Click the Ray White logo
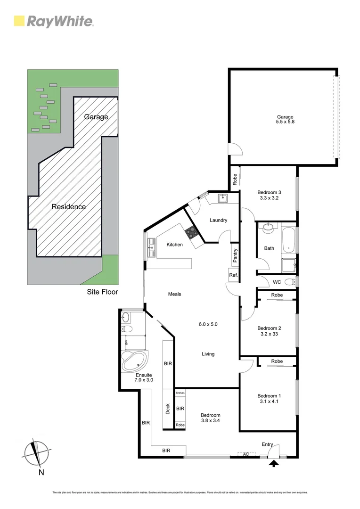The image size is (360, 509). click(x=54, y=21)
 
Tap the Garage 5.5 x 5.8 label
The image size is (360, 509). click(x=285, y=120)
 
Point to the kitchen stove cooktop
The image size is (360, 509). click(x=191, y=231)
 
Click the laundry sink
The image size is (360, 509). click(x=223, y=198)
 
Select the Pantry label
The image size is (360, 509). click(x=235, y=255)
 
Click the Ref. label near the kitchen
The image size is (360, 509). click(x=233, y=275)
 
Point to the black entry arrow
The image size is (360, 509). click(x=273, y=464)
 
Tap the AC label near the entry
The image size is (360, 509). click(x=245, y=454)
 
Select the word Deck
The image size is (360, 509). click(x=168, y=409)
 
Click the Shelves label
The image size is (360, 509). click(x=180, y=393)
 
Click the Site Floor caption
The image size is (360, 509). click(x=102, y=292)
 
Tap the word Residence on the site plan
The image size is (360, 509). click(x=69, y=206)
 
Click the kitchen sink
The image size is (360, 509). click(x=152, y=246)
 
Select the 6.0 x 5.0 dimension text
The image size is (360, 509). click(x=208, y=324)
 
